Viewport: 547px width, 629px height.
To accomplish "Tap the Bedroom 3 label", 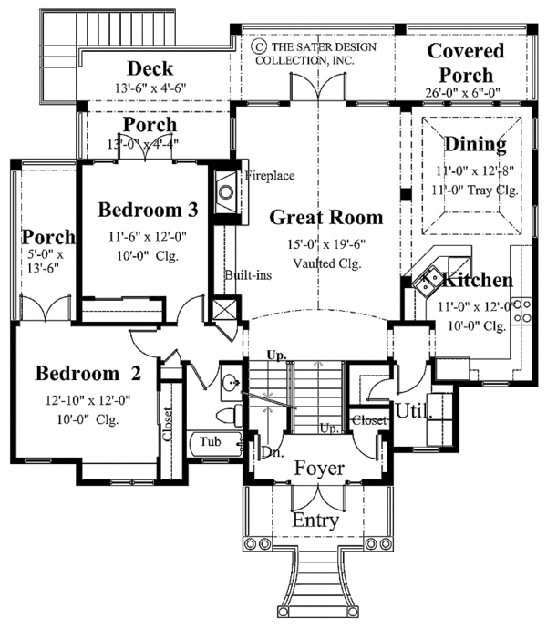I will (149, 210).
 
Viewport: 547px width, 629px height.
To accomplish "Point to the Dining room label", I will (474, 144).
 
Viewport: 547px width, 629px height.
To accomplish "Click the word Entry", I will (316, 521).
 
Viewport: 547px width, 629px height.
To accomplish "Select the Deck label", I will (150, 68).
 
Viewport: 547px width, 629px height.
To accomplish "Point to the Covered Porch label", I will (459, 64).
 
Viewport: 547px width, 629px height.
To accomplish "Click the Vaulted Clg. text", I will (326, 263).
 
